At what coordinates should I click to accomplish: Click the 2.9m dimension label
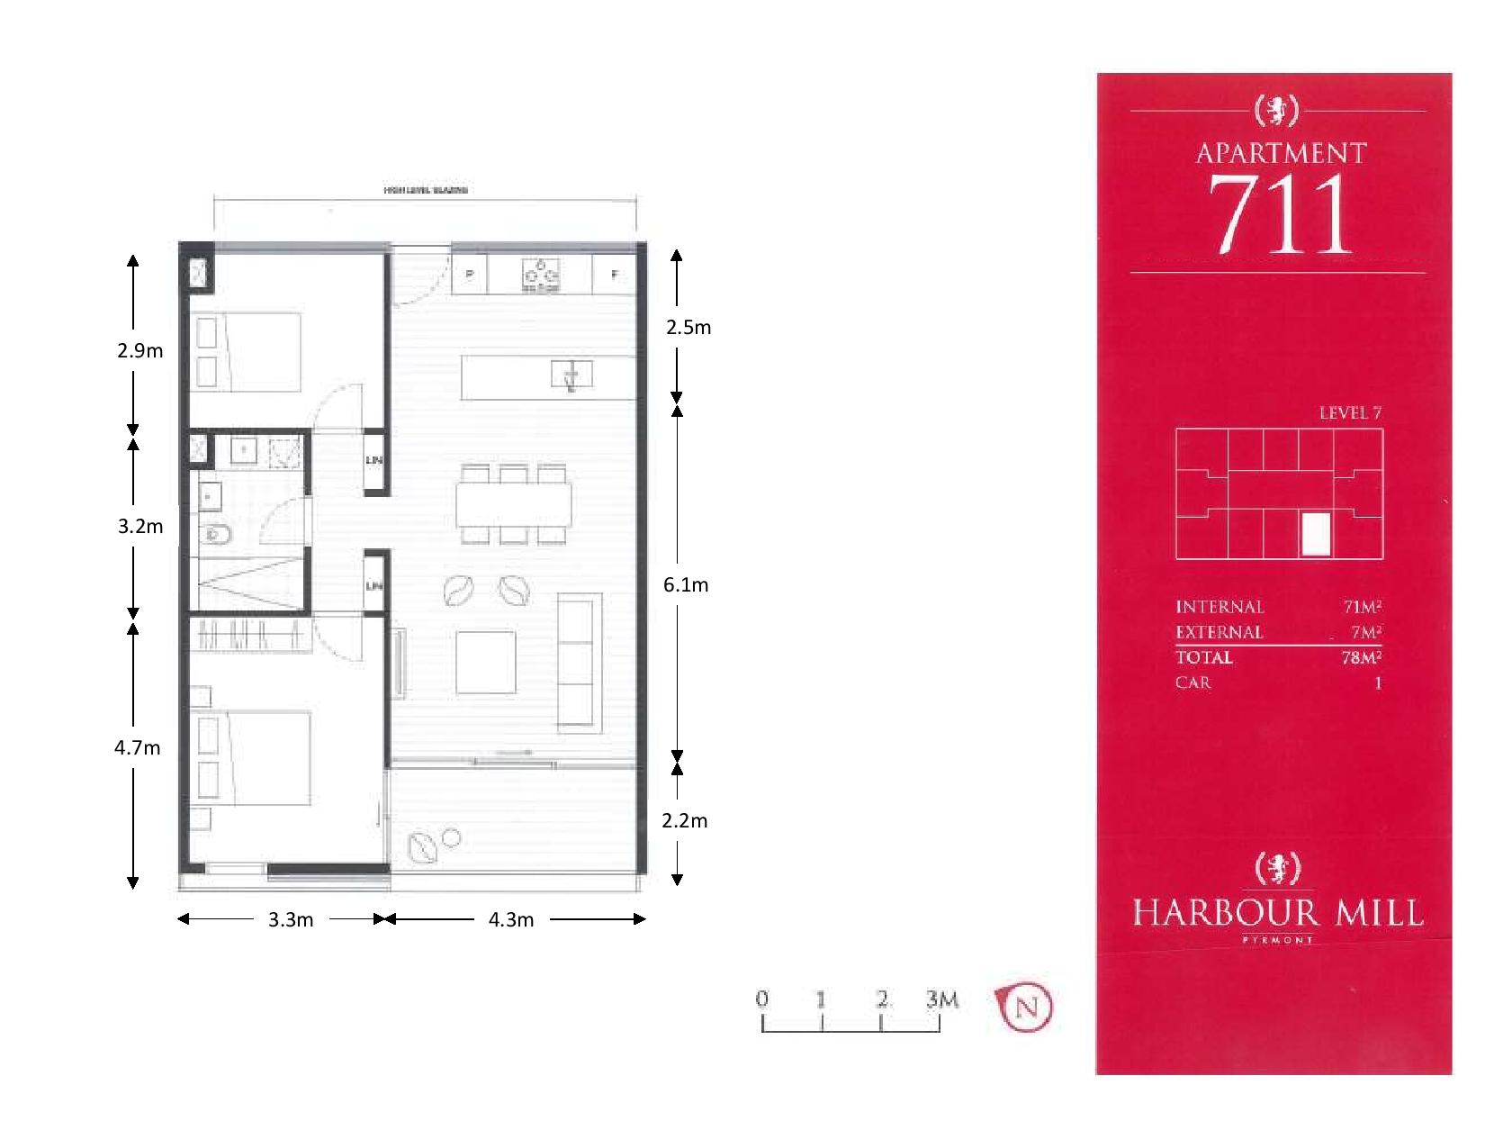pyautogui.click(x=140, y=351)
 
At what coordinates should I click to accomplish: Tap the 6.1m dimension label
pyautogui.click(x=686, y=585)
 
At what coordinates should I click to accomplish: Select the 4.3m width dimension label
pyautogui.click(x=511, y=920)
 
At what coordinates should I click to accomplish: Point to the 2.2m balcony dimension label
pyautogui.click(x=685, y=821)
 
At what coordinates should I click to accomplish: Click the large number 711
pyautogui.click(x=1280, y=214)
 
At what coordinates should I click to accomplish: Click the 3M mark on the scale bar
pyautogui.click(x=941, y=1000)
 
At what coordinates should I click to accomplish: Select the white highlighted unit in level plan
pyautogui.click(x=1316, y=534)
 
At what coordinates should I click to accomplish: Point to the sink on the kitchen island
pyautogui.click(x=571, y=374)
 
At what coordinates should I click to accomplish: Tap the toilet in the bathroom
pyautogui.click(x=216, y=536)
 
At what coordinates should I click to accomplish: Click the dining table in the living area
pyautogui.click(x=513, y=505)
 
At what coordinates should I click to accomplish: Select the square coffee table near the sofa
pyautogui.click(x=486, y=662)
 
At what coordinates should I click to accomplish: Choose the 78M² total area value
pyautogui.click(x=1360, y=657)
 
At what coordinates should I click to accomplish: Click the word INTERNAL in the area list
pyautogui.click(x=1219, y=607)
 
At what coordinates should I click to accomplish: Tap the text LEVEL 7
pyautogui.click(x=1349, y=413)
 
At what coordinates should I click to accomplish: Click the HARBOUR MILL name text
pyautogui.click(x=1278, y=913)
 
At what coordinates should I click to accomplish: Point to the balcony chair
pyautogui.click(x=423, y=847)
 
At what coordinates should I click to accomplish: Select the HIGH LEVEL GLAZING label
pyautogui.click(x=426, y=191)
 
